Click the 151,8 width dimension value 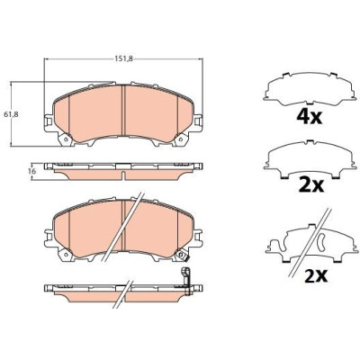[x=123, y=58]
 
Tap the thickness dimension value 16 [x=33, y=172]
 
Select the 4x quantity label [x=309, y=117]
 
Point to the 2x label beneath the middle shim [x=310, y=185]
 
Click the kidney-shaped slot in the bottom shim [x=320, y=242]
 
